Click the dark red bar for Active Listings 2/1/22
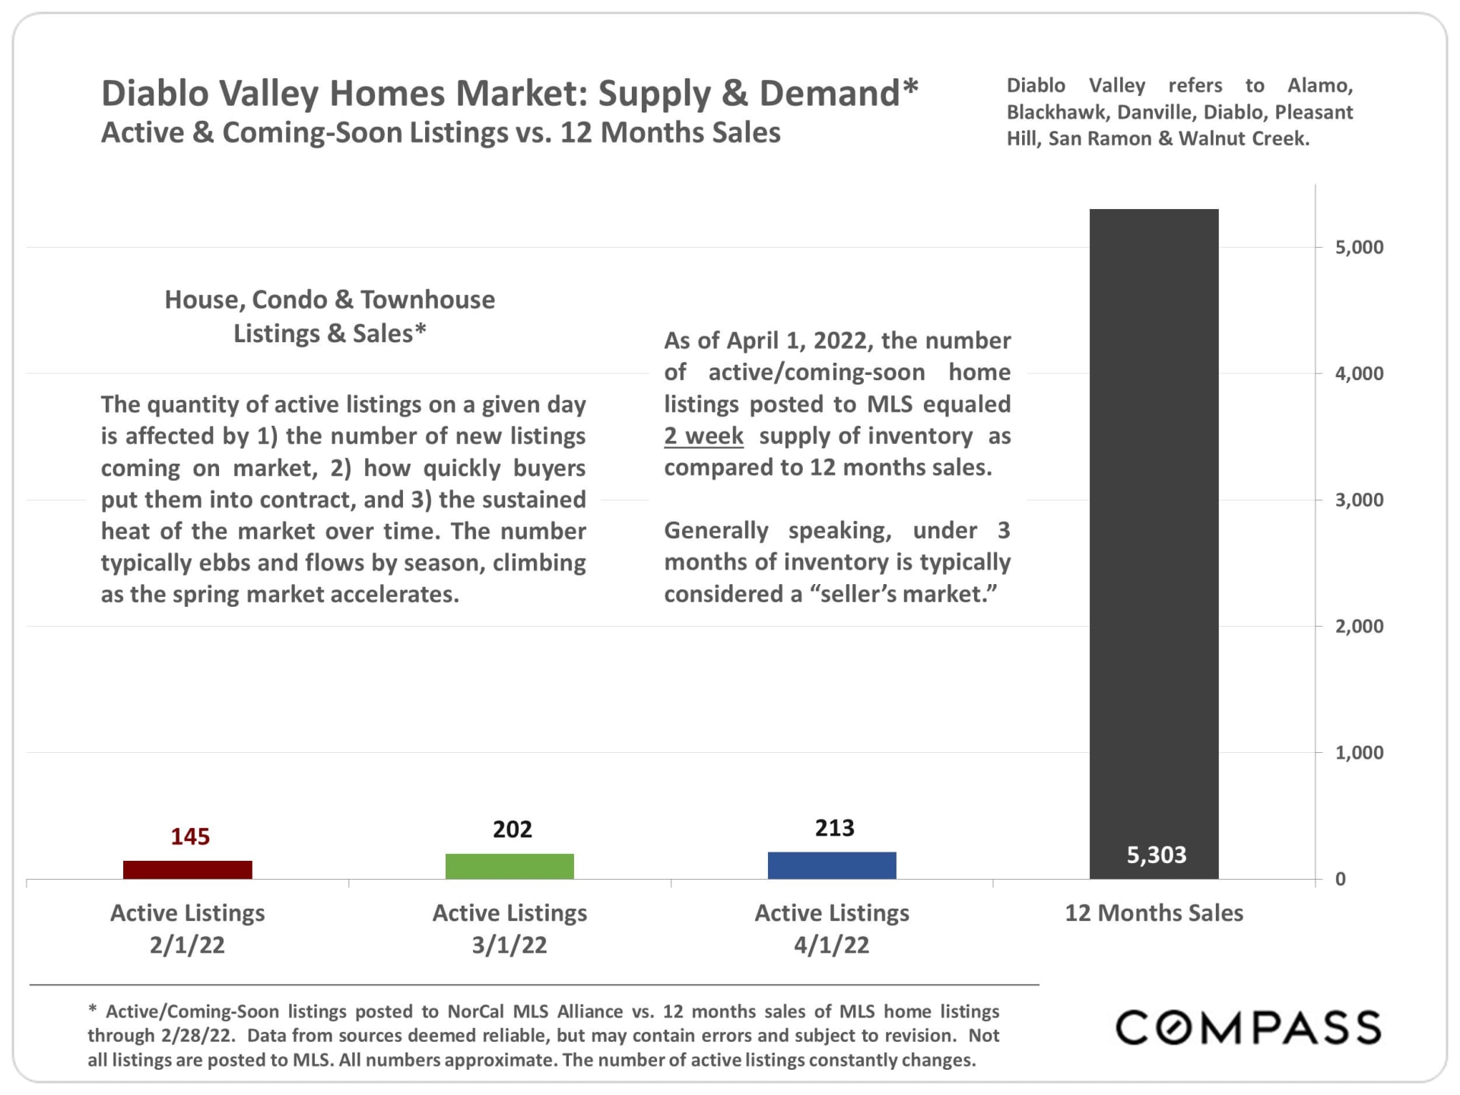pyautogui.click(x=187, y=869)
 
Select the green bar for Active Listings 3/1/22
pyautogui.click(x=509, y=866)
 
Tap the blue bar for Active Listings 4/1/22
pyautogui.click(x=832, y=865)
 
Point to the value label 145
pyautogui.click(x=190, y=836)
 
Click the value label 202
pyautogui.click(x=512, y=829)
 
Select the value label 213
pyautogui.click(x=834, y=827)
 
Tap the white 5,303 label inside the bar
pyautogui.click(x=1156, y=855)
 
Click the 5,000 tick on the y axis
pyautogui.click(x=1359, y=247)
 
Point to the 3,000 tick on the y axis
pyautogui.click(x=1359, y=500)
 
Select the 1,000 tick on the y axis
pyautogui.click(x=1359, y=753)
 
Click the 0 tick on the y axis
pyautogui.click(x=1341, y=879)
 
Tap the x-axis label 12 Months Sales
pyautogui.click(x=1154, y=912)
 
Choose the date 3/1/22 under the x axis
pyautogui.click(x=509, y=945)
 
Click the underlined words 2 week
pyautogui.click(x=703, y=436)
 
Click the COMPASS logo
pyautogui.click(x=1248, y=1027)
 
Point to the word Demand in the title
pyautogui.click(x=830, y=94)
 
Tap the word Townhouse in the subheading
pyautogui.click(x=427, y=300)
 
